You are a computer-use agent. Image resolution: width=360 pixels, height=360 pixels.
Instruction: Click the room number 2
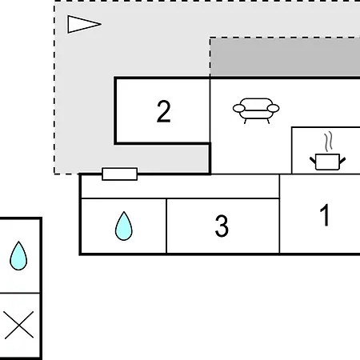163,111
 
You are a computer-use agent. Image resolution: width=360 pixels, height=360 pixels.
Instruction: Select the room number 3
222,226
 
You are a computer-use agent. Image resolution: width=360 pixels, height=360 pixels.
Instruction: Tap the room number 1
325,215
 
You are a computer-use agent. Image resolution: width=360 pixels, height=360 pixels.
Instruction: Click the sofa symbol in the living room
256,110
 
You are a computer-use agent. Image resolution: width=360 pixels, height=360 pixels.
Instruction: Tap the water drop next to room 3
124,226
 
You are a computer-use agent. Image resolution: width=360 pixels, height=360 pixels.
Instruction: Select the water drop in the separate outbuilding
18,256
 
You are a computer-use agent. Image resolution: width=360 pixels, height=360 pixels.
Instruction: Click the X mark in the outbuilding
19,325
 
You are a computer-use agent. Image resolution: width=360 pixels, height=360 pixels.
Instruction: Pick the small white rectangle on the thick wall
120,174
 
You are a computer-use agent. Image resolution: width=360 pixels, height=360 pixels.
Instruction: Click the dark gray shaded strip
285,57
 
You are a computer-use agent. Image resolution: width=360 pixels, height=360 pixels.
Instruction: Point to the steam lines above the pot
329,142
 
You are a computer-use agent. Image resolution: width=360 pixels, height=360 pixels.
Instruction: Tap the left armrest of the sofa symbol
239,109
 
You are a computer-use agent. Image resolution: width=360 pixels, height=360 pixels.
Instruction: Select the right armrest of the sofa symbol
273,109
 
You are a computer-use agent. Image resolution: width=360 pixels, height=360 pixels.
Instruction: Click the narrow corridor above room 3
180,186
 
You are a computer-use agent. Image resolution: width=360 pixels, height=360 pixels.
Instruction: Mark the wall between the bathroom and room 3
166,226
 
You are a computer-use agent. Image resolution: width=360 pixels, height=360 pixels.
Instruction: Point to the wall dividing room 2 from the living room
210,110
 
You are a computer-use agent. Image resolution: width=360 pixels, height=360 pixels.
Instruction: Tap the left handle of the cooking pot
313,160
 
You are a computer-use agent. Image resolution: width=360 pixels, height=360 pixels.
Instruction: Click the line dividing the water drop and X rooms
20,293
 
